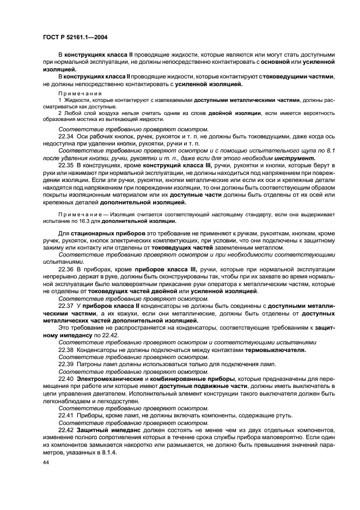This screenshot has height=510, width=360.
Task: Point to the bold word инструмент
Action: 295,157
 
